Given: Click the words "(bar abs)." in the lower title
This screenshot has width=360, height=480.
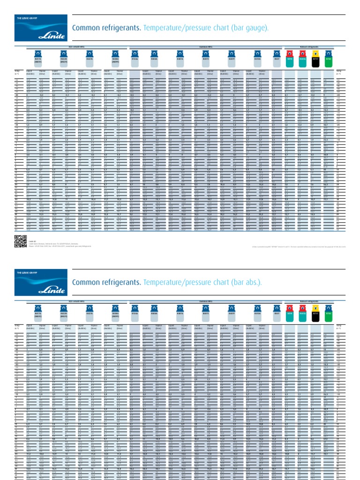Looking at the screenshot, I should pos(245,283).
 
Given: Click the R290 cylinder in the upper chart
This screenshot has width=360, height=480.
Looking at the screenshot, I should pos(289,58).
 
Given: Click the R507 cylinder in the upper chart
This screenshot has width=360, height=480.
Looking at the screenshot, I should pos(277,58).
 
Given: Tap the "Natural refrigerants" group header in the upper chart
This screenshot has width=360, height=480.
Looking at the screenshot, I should pos(309,47).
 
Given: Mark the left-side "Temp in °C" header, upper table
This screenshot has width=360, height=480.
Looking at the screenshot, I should pos(18,73).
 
